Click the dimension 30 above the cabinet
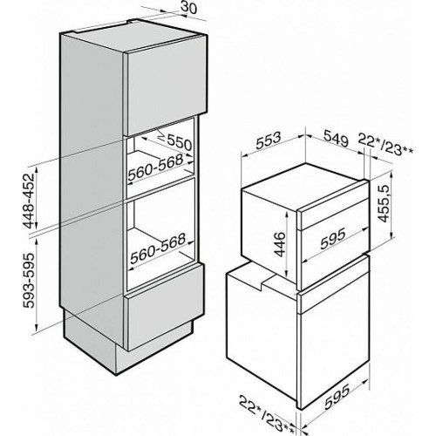188,8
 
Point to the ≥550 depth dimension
174,142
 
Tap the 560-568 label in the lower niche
158,249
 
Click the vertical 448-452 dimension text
30,201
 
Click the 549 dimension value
337,138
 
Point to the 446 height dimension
280,244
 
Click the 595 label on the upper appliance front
333,239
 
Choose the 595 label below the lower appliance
337,396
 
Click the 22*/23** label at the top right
385,144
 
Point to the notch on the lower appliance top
265,282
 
